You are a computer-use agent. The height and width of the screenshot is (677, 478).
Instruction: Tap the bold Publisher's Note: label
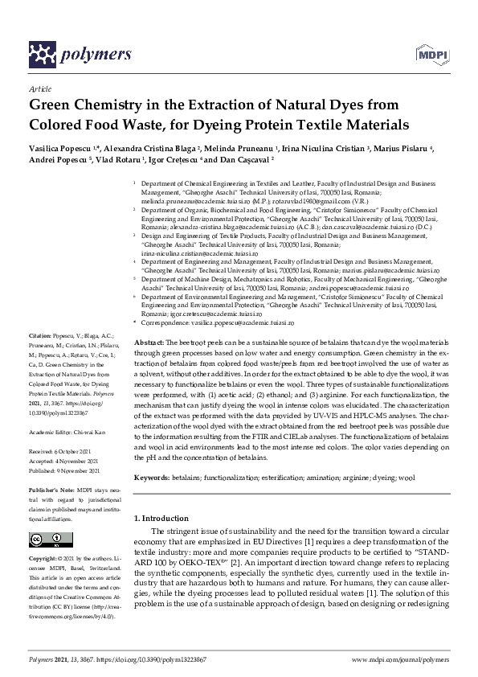pos(51,490)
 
